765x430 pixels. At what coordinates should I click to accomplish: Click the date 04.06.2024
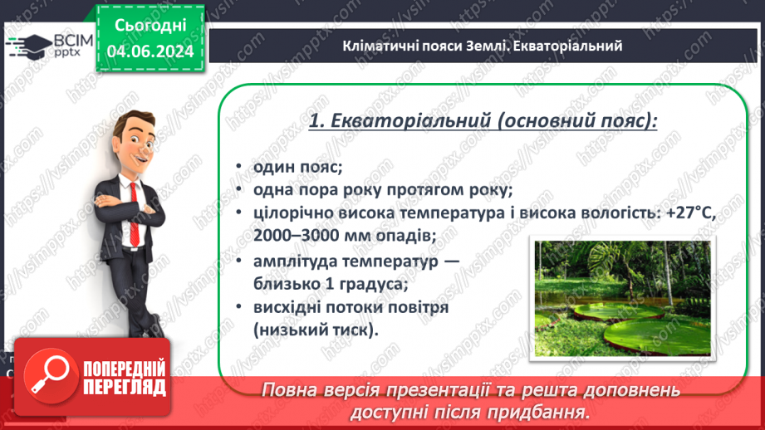pyautogui.click(x=150, y=51)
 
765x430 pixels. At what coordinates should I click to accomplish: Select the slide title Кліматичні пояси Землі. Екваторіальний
pyautogui.click(x=482, y=46)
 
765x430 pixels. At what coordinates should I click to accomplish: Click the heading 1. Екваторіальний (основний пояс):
pyautogui.click(x=483, y=121)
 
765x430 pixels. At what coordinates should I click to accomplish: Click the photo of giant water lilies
pyautogui.click(x=622, y=298)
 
